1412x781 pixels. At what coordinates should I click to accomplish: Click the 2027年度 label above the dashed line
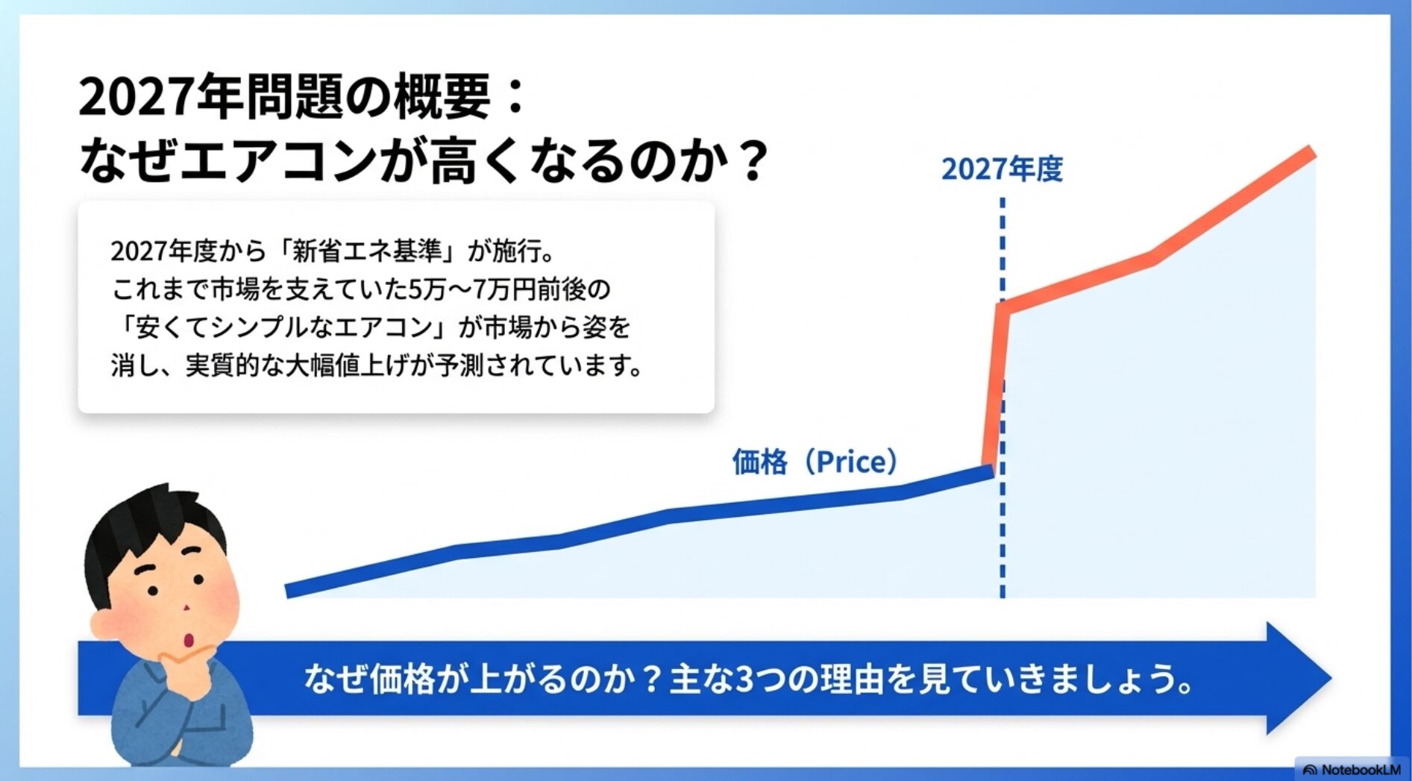pos(1002,169)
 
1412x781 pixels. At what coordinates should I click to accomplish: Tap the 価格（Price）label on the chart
pos(815,462)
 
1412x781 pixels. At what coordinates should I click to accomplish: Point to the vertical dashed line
pos(1002,398)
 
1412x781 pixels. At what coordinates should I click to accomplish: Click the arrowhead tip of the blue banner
pos(1331,678)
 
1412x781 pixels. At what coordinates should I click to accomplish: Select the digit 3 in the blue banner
pos(744,679)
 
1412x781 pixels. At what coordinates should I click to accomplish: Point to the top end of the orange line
pos(1311,151)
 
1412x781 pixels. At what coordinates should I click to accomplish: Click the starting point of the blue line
pos(289,591)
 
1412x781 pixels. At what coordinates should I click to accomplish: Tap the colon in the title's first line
pos(515,98)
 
